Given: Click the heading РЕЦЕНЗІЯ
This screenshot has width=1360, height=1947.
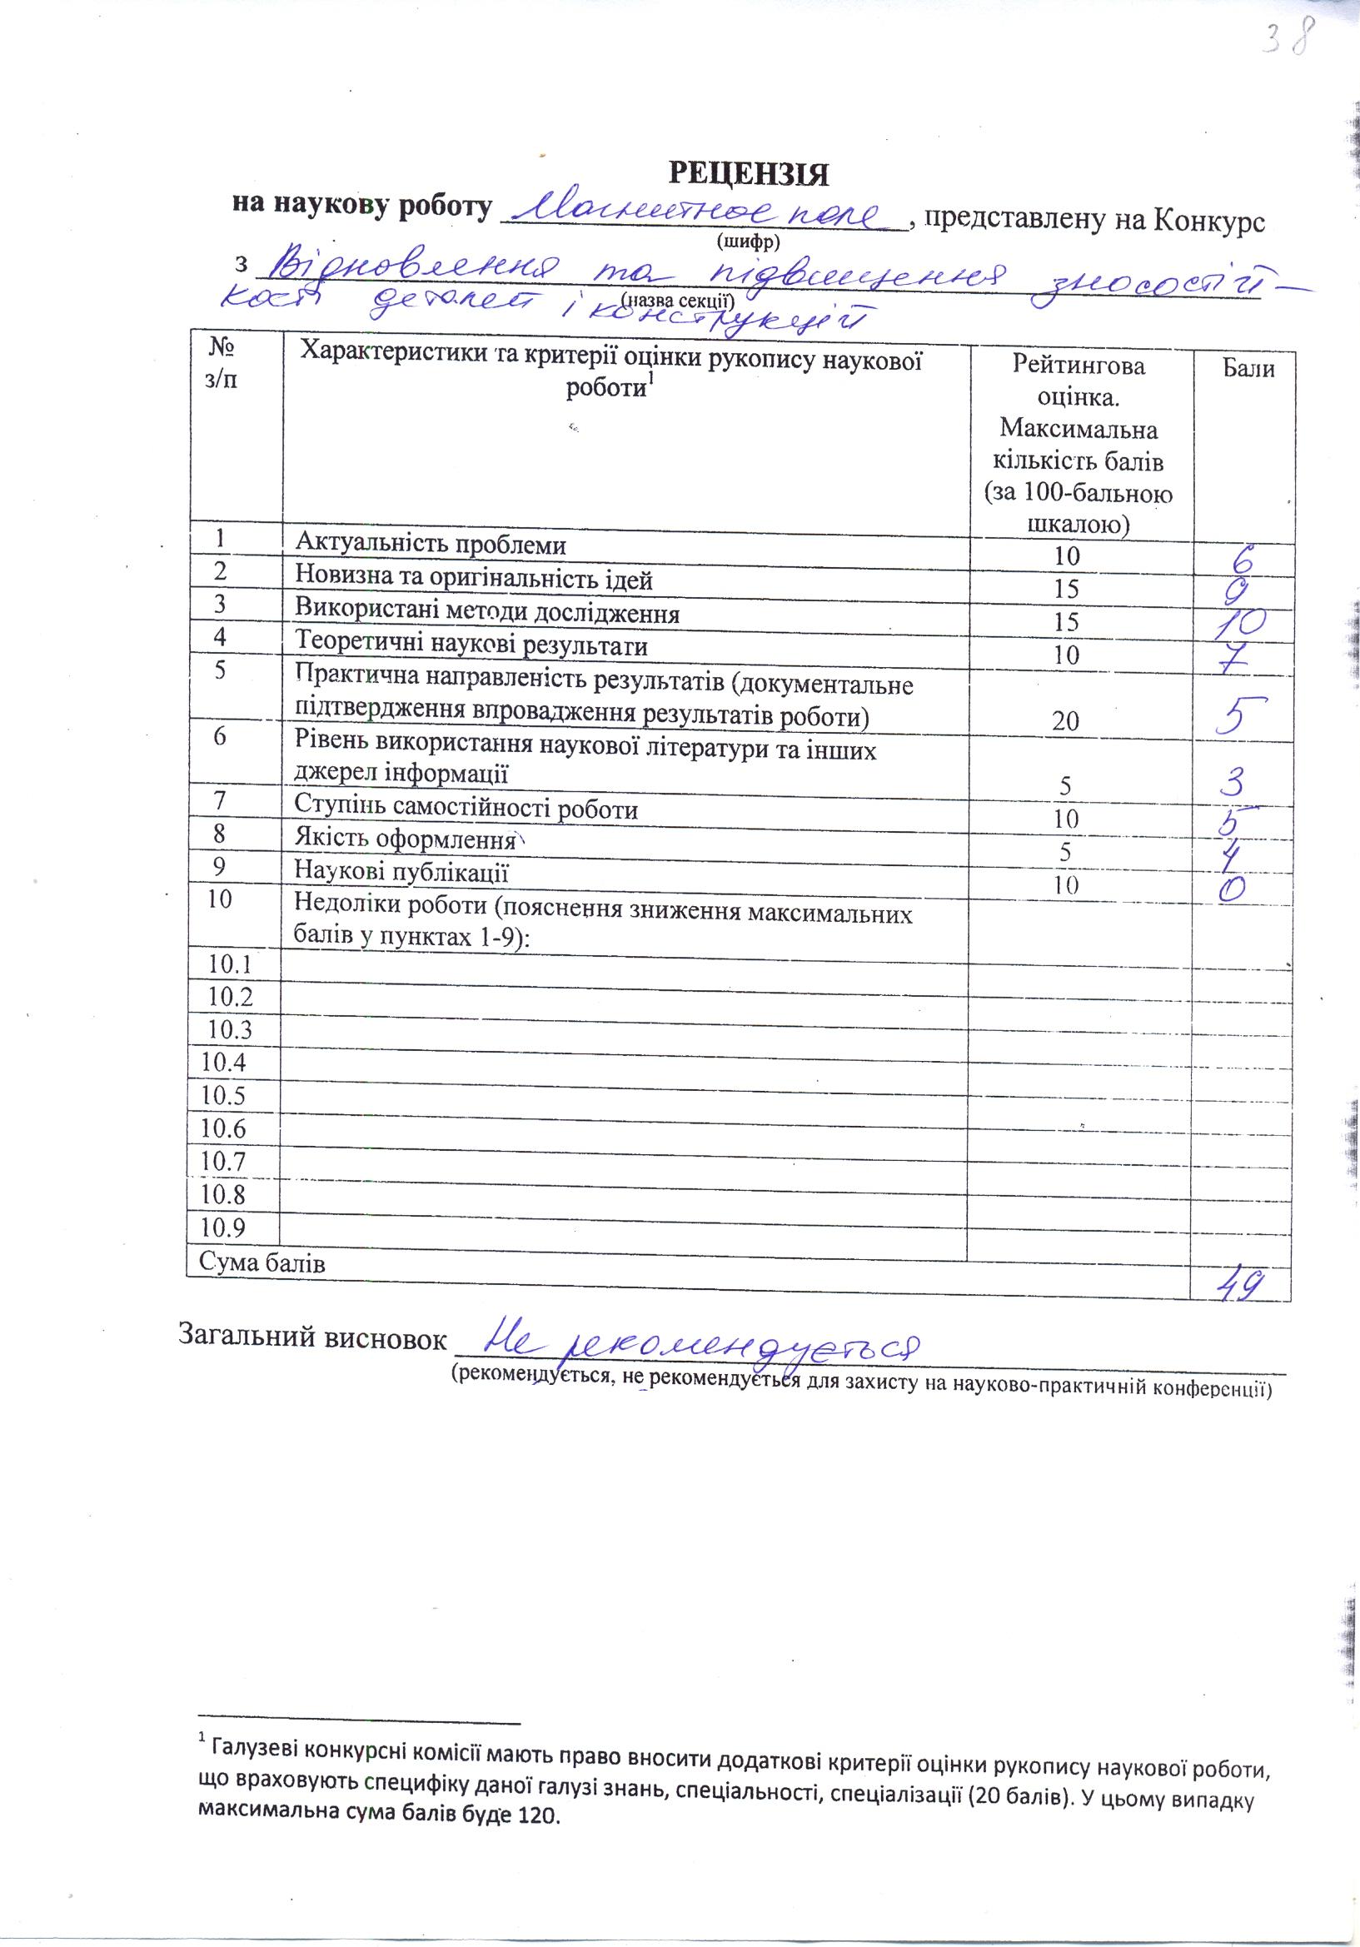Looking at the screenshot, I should pyautogui.click(x=749, y=173).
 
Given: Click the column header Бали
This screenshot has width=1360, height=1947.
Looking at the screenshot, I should pyautogui.click(x=1248, y=367).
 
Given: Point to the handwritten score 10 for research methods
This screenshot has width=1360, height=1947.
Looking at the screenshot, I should pyautogui.click(x=1238, y=623).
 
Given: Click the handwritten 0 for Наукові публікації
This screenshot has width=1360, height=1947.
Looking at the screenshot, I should pyautogui.click(x=1237, y=887).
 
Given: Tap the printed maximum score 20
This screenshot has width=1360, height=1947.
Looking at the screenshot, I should pyautogui.click(x=1066, y=721).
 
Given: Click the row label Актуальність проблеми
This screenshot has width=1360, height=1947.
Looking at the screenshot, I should pyautogui.click(x=430, y=544).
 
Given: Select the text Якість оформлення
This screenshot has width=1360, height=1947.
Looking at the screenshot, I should pyautogui.click(x=405, y=839).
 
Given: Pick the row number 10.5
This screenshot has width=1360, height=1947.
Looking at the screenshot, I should pyautogui.click(x=223, y=1096).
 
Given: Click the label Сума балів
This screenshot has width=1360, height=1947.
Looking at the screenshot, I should pyautogui.click(x=262, y=1287).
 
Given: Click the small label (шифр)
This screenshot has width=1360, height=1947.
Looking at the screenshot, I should pyautogui.click(x=749, y=242).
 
